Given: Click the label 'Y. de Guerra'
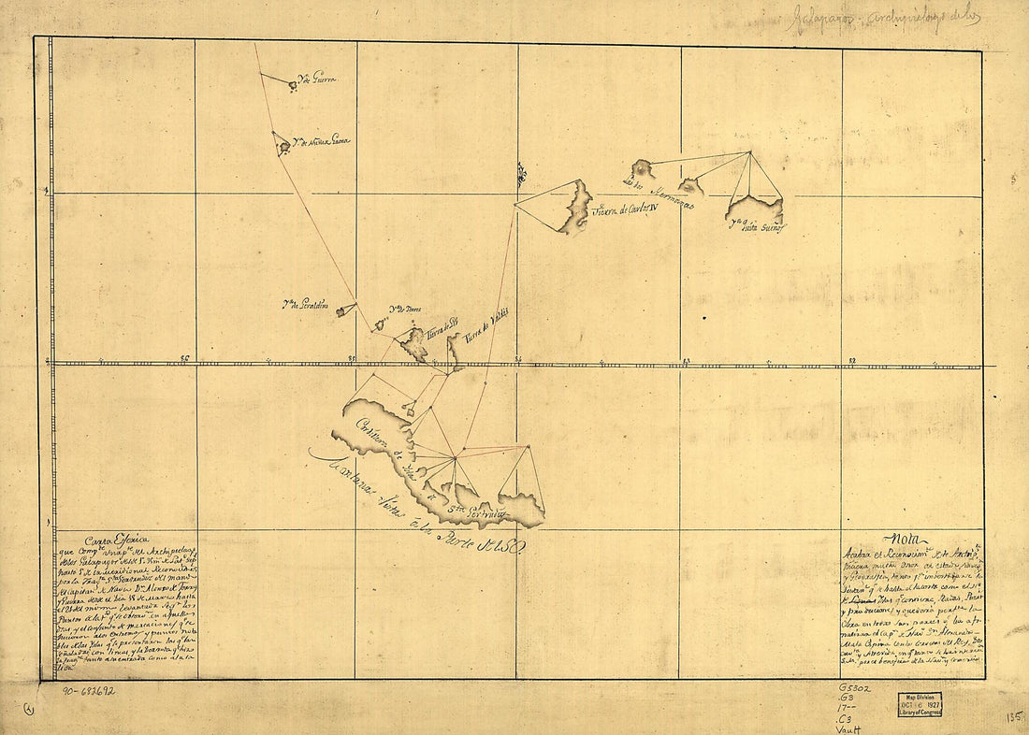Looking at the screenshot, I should pyautogui.click(x=315, y=79).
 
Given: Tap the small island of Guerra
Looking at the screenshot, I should pyautogui.click(x=293, y=86).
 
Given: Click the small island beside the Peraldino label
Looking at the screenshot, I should pyautogui.click(x=346, y=310).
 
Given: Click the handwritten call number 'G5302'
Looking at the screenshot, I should pyautogui.click(x=855, y=690).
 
